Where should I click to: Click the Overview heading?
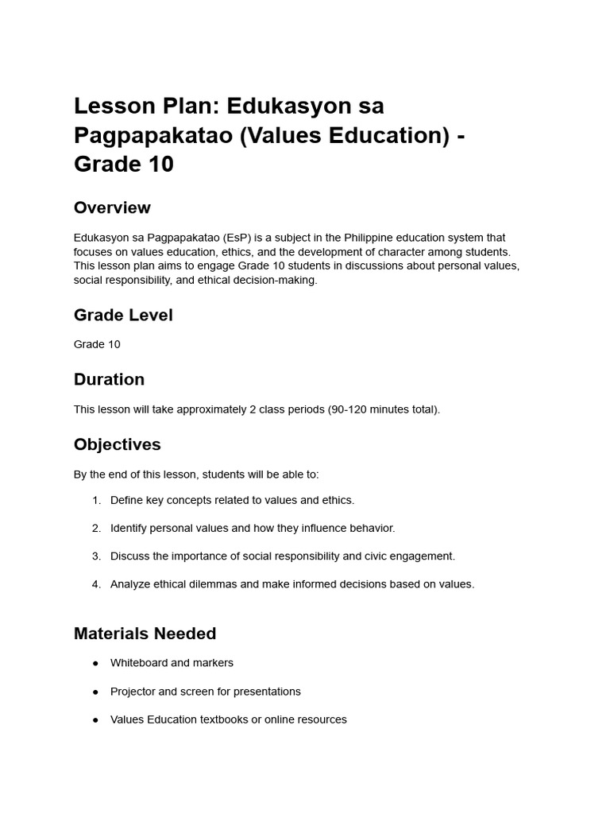[x=112, y=207]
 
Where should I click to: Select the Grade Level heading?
[x=123, y=315]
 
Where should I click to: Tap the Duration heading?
[x=109, y=379]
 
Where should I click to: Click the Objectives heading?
[x=118, y=444]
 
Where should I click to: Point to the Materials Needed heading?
[x=145, y=634]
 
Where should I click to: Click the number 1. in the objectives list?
[x=96, y=500]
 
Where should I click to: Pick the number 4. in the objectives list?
[x=96, y=584]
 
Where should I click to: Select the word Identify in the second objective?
[x=129, y=528]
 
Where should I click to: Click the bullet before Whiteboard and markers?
[x=96, y=663]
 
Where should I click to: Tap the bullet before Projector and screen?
[x=96, y=692]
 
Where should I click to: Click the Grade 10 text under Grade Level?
[x=97, y=344]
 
